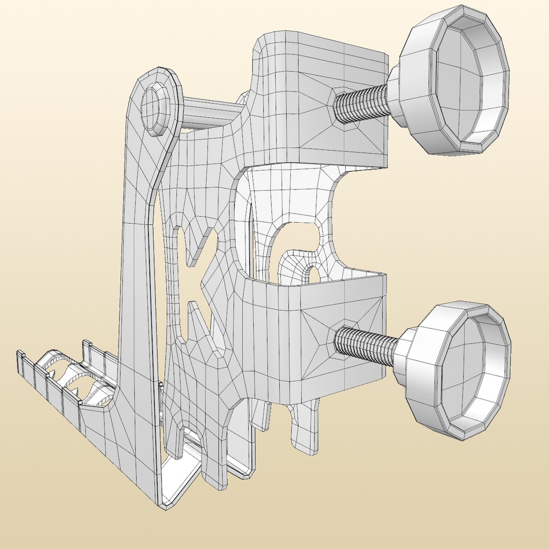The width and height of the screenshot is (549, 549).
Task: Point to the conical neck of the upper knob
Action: [x=395, y=97]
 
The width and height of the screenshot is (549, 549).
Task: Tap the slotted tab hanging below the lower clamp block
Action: [x=305, y=427]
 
